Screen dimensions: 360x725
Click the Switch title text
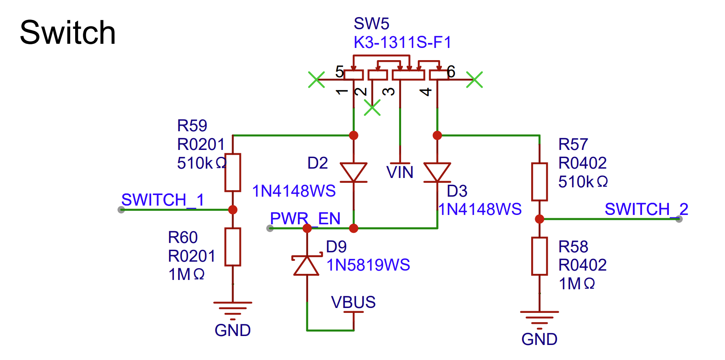tap(68, 33)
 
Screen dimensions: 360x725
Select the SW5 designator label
tap(371, 24)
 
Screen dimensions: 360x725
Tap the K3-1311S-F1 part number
tap(402, 42)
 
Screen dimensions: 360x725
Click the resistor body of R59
tap(233, 172)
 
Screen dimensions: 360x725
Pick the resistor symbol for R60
tap(233, 247)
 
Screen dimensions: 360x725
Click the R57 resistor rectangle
tap(539, 182)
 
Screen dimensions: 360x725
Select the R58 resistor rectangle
tap(539, 256)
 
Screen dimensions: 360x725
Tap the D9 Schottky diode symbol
tap(307, 266)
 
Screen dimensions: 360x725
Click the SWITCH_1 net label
tap(163, 200)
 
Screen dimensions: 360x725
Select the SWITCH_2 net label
tap(646, 209)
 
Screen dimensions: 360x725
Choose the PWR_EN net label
tap(305, 219)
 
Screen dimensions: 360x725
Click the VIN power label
tap(399, 172)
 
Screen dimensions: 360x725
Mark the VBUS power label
tap(353, 303)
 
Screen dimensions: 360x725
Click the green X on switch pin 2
tap(372, 108)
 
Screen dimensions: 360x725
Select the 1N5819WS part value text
tap(368, 265)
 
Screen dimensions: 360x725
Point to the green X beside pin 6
tap(474, 80)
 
